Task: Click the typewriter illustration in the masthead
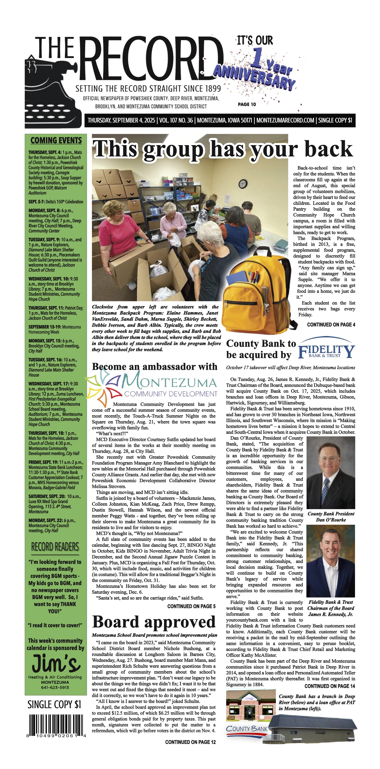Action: (54, 93)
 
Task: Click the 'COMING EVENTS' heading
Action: (56, 140)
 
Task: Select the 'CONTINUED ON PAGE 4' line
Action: (331, 325)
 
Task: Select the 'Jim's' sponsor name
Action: (56, 663)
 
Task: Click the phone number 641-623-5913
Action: (55, 687)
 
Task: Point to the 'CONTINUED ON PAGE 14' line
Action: (330, 686)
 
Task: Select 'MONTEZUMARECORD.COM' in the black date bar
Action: (285, 120)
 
